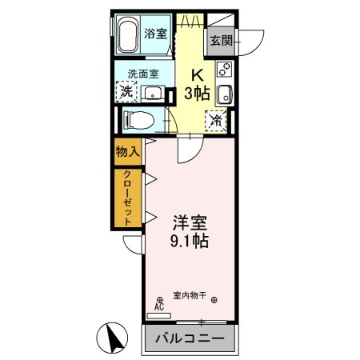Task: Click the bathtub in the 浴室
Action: coord(129,34)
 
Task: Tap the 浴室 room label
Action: coord(156,34)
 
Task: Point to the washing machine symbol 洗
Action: coord(126,91)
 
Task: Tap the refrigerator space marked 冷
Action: coord(216,121)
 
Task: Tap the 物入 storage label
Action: coord(127,150)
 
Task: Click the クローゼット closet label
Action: coord(127,198)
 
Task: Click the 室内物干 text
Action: coord(190,295)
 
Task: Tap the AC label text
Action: coord(158,306)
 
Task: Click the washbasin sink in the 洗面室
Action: coord(152,94)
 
